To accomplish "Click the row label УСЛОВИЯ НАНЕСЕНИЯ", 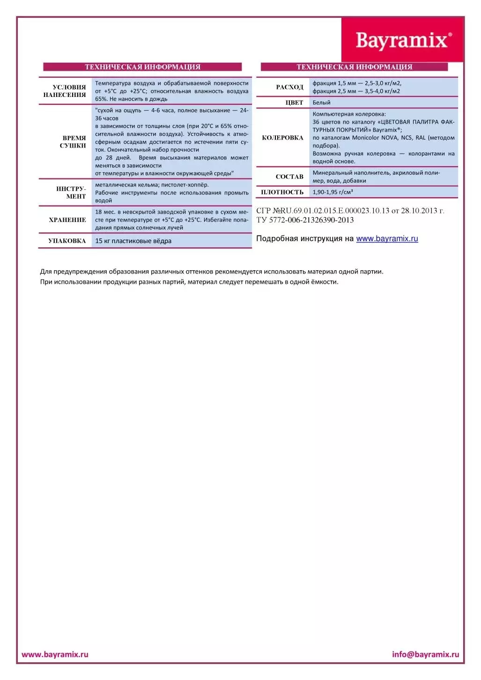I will click(65, 91).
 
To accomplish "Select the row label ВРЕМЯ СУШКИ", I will click(73, 141).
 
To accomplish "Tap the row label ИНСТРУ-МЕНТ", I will click(71, 192).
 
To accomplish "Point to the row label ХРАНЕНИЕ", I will click(67, 220).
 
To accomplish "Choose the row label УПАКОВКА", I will click(67, 241).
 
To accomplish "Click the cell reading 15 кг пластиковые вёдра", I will click(133, 241).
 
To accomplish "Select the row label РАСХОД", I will click(289, 87).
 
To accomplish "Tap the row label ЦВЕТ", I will click(294, 103).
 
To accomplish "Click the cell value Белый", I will click(322, 103).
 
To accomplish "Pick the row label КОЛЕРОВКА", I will click(282, 138).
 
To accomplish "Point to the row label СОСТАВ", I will click(289, 177).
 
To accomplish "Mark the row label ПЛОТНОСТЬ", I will click(282, 192).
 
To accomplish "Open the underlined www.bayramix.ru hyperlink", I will click(387, 238).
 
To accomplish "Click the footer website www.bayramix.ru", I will click(55, 654).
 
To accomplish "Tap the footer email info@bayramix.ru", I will click(425, 654).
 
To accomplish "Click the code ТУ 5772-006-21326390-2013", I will click(305, 220).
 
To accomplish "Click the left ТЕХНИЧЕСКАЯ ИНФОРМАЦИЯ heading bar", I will click(142, 67).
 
